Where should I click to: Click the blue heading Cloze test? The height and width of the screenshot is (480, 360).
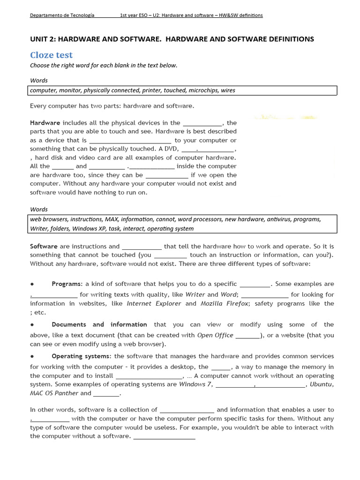point(51,55)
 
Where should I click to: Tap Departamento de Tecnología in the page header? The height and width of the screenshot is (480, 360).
point(62,15)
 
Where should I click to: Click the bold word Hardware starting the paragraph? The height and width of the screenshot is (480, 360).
point(45,123)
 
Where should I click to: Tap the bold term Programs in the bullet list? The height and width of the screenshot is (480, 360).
point(67,284)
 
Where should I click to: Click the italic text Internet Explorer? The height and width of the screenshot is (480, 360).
point(154,304)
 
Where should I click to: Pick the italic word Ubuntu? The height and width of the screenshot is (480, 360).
point(321,384)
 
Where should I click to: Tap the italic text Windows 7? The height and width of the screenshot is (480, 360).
point(195,384)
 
